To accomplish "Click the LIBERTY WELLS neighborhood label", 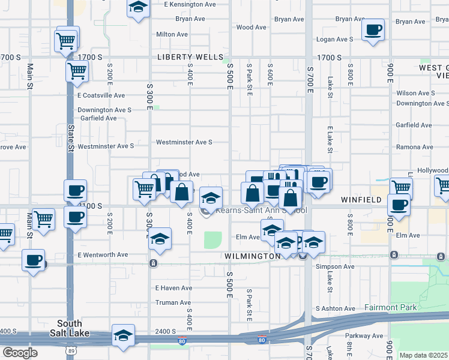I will pyautogui.click(x=190, y=58).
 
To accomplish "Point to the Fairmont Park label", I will pyautogui.click(x=390, y=308).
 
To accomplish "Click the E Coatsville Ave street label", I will pyautogui.click(x=101, y=95).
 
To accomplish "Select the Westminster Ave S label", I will pyautogui.click(x=184, y=142).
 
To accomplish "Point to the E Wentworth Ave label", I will pyautogui.click(x=103, y=255).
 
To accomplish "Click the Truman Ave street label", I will pyautogui.click(x=173, y=303).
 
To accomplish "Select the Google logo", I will pyautogui.click(x=20, y=352).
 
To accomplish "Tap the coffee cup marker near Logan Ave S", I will pyautogui.click(x=373, y=29).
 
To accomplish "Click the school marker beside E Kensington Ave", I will pyautogui.click(x=139, y=8).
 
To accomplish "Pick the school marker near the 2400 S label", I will pyautogui.click(x=123, y=335).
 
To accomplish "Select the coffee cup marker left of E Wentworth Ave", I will pyautogui.click(x=34, y=260).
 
